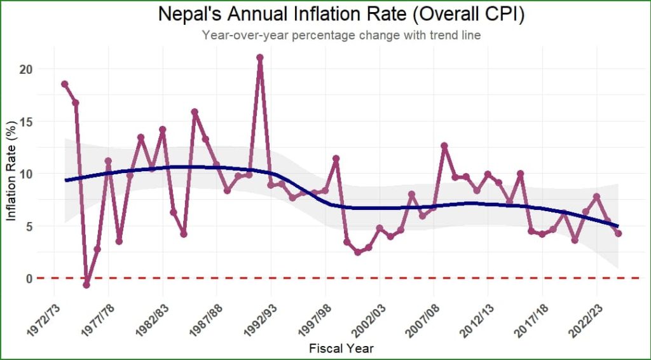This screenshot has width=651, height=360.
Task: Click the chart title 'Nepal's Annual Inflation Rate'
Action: click(341, 15)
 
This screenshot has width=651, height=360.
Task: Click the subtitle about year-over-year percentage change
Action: click(341, 36)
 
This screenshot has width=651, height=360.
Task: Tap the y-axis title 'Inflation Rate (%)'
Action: click(11, 172)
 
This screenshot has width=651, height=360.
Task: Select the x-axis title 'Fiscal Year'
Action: click(341, 348)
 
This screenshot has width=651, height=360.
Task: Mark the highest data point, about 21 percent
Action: click(260, 58)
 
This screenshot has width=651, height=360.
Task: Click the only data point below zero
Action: click(86, 285)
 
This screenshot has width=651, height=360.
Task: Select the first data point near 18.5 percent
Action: click(65, 84)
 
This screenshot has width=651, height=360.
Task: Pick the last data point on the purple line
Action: click(618, 233)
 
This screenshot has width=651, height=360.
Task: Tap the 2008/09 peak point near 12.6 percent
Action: click(444, 146)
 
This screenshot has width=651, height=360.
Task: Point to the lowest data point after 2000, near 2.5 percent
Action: click(358, 253)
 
